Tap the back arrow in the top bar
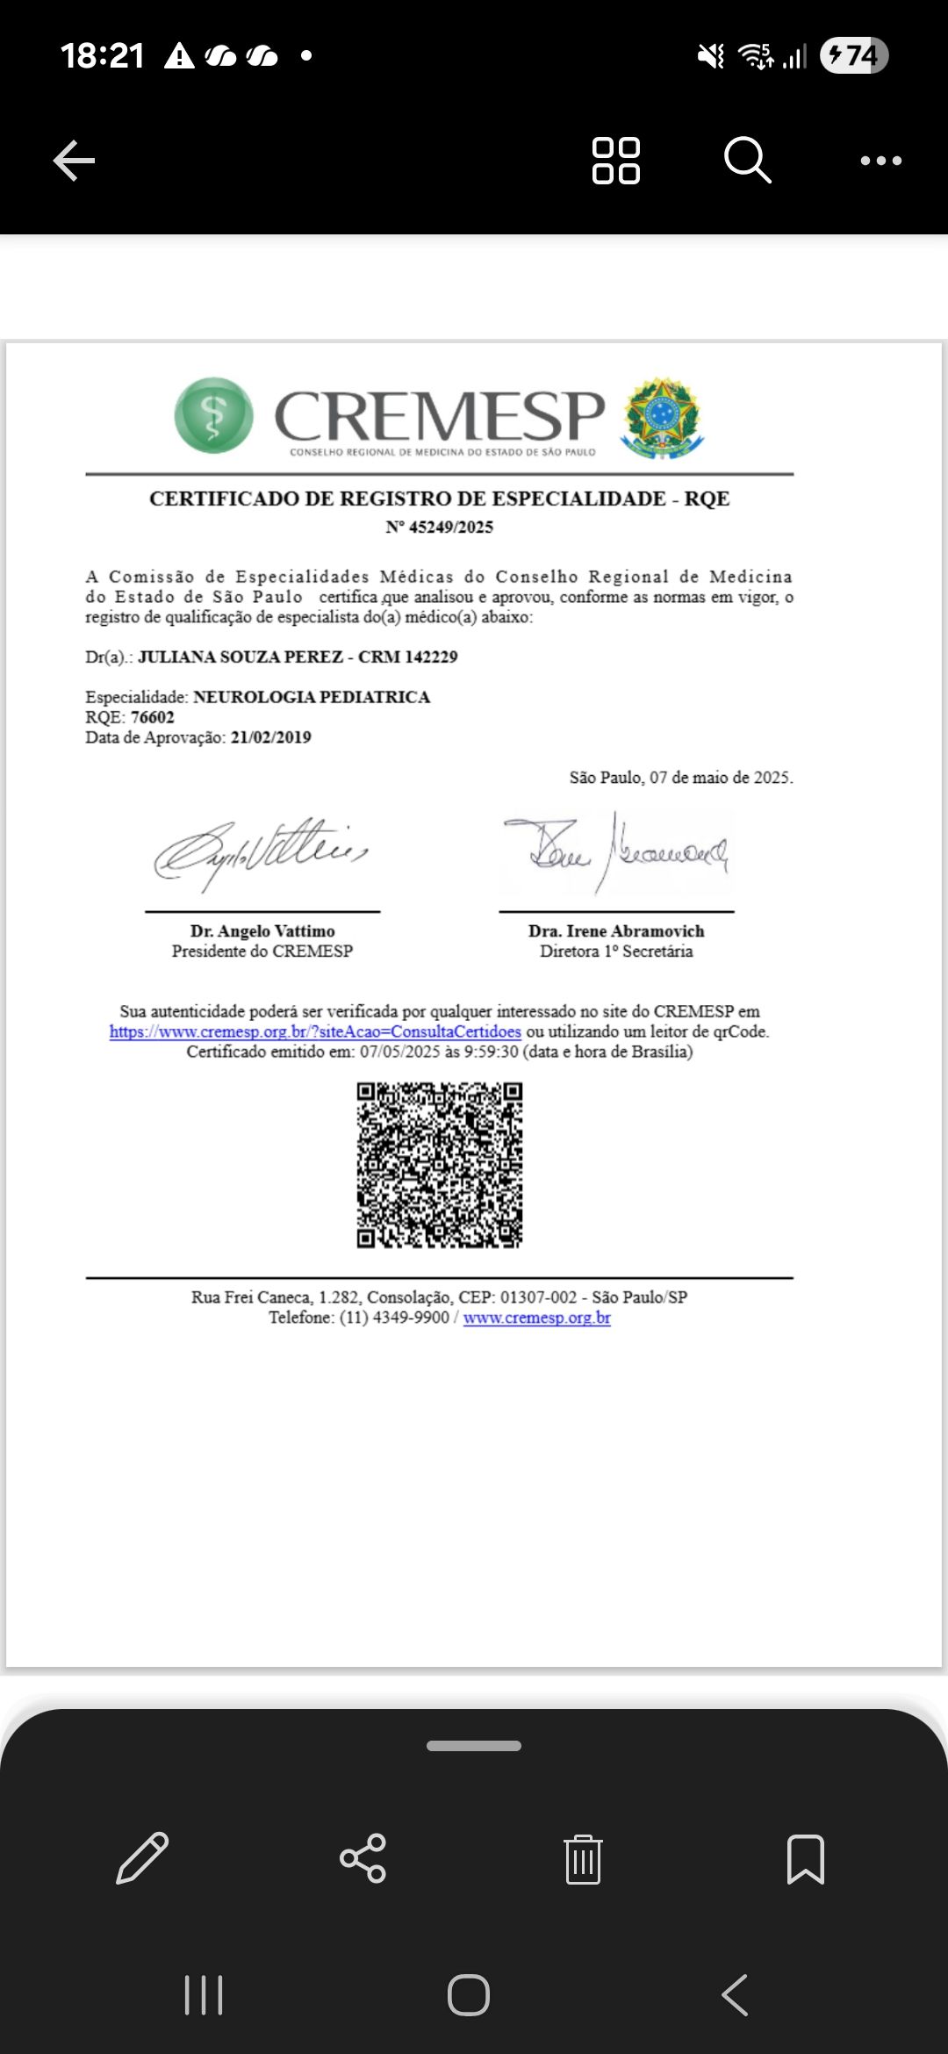tap(75, 161)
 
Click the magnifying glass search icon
tap(747, 160)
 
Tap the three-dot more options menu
tap(880, 161)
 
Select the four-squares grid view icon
tap(616, 161)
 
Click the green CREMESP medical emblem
tap(213, 415)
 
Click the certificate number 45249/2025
tap(450, 527)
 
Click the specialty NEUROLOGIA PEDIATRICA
tap(312, 697)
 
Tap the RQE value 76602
tap(153, 717)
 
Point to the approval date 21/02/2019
tap(270, 737)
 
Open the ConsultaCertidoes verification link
tap(315, 1031)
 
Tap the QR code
tap(439, 1165)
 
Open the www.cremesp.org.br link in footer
tap(536, 1318)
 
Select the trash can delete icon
tap(583, 1858)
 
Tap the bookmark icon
tap(805, 1858)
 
